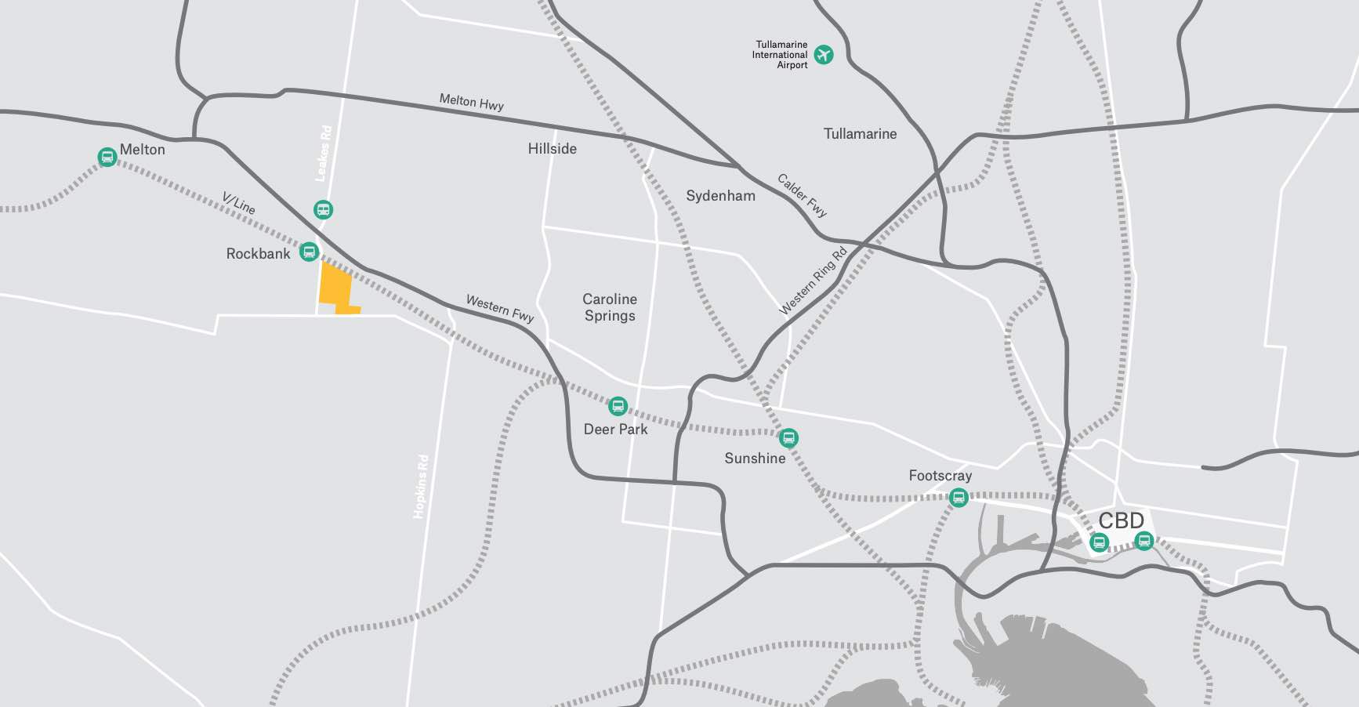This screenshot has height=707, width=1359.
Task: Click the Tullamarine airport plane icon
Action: tap(823, 55)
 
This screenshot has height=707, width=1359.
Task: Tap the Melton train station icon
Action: tap(107, 157)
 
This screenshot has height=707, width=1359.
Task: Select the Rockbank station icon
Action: tap(310, 252)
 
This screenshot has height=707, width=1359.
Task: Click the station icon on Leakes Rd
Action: tap(323, 209)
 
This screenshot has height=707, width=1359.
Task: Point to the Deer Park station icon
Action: tap(618, 406)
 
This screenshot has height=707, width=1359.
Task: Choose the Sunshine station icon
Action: tap(789, 437)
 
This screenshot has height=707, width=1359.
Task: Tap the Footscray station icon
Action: tap(958, 497)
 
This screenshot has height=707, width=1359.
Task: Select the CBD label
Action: tap(1121, 520)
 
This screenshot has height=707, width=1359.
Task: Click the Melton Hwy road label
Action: tap(471, 101)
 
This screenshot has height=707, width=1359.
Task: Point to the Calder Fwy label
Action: tap(802, 194)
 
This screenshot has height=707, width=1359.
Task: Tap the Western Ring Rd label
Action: tap(813, 281)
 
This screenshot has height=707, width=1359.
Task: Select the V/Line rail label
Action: tap(238, 203)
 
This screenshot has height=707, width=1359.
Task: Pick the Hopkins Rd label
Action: tap(422, 486)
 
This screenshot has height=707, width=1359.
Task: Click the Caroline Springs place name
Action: tap(610, 307)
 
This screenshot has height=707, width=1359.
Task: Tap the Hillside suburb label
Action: tap(552, 149)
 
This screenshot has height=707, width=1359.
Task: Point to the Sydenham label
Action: tap(720, 196)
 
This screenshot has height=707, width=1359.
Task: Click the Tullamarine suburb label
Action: tap(860, 134)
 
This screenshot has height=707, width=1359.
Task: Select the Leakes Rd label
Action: tap(323, 154)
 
